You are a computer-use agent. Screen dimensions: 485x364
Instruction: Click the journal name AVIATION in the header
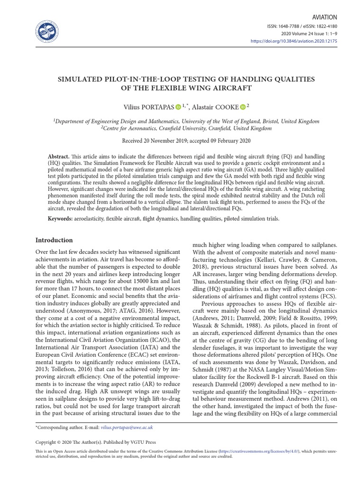(x=324, y=17)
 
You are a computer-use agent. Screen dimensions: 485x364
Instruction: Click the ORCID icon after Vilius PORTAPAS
(x=178, y=108)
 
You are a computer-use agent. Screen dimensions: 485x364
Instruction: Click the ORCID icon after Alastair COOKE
(x=242, y=108)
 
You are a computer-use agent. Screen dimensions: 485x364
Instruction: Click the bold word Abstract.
(x=59, y=156)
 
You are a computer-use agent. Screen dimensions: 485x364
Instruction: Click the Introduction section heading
(x=54, y=240)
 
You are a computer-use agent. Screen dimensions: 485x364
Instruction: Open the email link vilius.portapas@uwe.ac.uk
(x=127, y=427)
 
